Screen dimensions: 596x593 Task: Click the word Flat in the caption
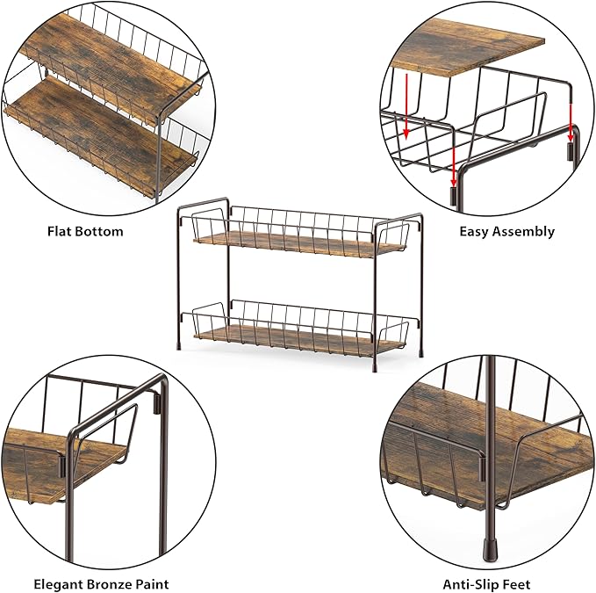pos(60,231)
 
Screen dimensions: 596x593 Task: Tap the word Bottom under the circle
pos(99,231)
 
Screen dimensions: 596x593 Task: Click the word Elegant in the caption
pos(58,584)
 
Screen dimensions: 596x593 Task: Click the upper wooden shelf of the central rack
pos(299,244)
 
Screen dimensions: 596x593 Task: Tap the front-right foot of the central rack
pos(375,368)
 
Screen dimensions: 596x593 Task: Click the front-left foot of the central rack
pos(179,347)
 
